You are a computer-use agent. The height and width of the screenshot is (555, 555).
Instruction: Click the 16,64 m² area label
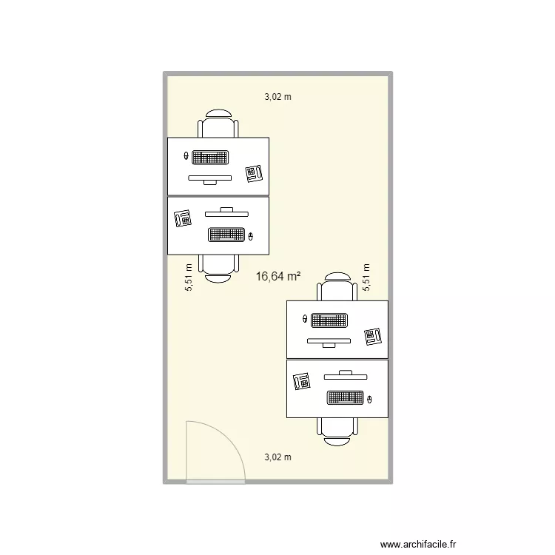[x=277, y=276]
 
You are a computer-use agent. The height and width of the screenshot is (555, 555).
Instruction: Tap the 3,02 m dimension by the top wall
[x=278, y=96]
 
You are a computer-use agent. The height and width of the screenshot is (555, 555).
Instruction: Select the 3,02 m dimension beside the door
[x=277, y=457]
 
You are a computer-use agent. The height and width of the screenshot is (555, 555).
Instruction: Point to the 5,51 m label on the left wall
[x=189, y=278]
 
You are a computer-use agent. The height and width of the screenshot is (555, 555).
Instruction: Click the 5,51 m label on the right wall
[x=366, y=278]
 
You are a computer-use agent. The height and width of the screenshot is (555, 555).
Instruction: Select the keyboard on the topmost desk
[x=209, y=157]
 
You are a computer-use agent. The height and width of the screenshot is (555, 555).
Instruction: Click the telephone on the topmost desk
[x=255, y=174]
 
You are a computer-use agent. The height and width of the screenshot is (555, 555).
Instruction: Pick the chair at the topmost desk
[x=219, y=124]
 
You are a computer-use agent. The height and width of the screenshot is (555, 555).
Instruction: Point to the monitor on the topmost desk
[x=209, y=178]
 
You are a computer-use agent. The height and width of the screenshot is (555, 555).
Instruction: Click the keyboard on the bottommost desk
[x=346, y=397]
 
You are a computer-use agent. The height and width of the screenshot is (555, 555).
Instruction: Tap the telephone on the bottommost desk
[x=302, y=380]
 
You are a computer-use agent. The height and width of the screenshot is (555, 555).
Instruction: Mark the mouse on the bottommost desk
[x=369, y=400]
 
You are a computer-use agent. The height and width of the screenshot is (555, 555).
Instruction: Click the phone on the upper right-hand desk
[x=372, y=337]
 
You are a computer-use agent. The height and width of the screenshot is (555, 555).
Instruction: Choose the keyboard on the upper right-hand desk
[x=329, y=320]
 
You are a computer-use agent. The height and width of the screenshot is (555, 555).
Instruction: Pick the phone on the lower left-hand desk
[x=182, y=218]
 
